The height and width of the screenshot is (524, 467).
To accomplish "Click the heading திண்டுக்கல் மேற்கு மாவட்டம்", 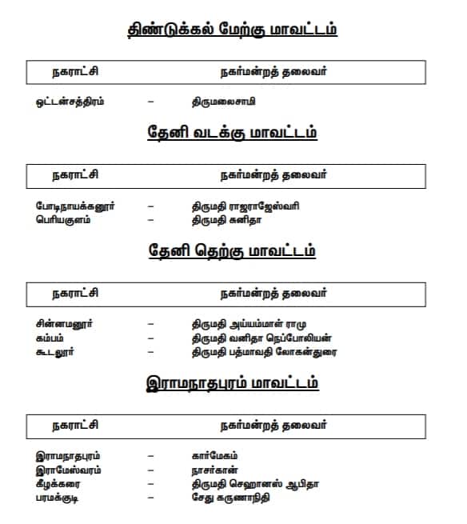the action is click(x=233, y=30).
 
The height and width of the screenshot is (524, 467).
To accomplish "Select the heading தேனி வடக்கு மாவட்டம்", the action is click(x=233, y=133).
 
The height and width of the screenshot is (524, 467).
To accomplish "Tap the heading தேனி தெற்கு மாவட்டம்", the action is click(x=233, y=250).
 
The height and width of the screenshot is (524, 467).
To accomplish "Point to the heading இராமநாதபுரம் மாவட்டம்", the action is click(x=233, y=382).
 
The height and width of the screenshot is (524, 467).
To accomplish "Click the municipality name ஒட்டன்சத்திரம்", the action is click(x=70, y=102).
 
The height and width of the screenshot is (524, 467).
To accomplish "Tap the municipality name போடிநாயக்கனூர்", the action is click(x=75, y=206).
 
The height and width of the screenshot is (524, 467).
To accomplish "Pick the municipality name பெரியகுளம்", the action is click(x=63, y=219).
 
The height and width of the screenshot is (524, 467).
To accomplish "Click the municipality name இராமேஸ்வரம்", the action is click(x=69, y=470).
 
